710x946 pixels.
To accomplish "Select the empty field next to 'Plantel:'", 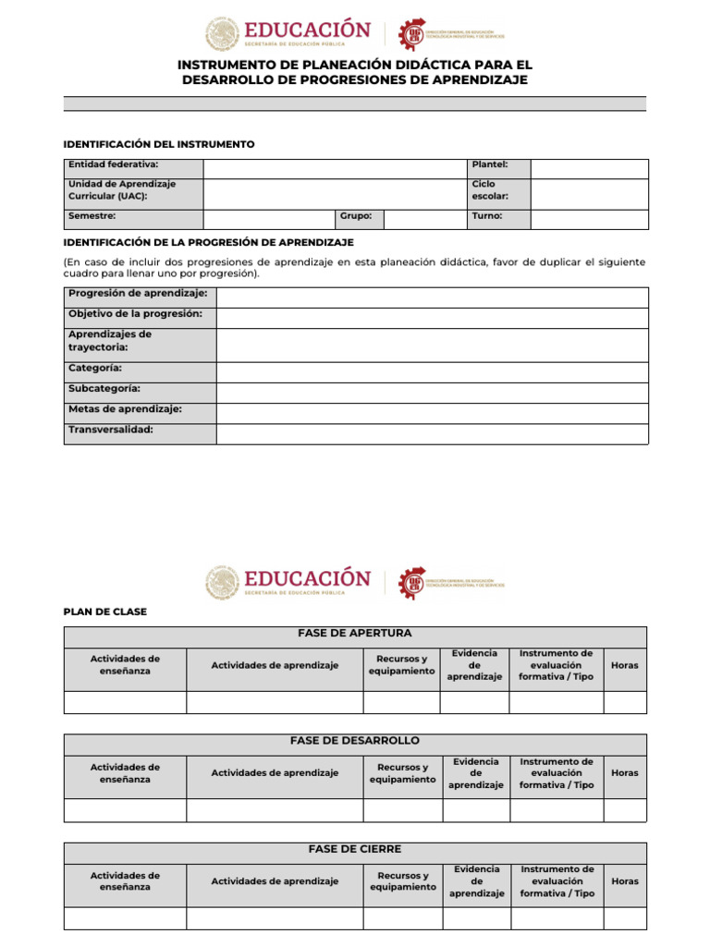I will pos(589,168).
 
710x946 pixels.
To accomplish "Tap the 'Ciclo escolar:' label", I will pos(490,190).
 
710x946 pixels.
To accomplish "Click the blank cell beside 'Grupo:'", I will pos(424,219).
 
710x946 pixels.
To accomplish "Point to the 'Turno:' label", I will pos(487,216).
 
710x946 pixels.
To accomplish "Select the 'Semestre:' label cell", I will pos(92,216).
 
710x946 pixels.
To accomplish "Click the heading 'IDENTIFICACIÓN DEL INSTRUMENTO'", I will pos(158,144).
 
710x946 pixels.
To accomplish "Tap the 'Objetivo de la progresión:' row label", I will pos(135,314).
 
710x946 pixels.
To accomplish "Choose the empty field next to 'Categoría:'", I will pos(432,372).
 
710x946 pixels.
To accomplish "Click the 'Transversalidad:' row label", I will pos(111,431).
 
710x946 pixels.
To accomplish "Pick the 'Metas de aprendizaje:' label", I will pos(125,409).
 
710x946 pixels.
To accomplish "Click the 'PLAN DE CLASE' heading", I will pos(104,612).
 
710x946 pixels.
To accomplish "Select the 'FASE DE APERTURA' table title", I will pos(355,634).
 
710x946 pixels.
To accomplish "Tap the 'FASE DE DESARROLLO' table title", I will pos(355,741).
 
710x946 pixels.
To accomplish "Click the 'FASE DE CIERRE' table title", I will pos(355,849).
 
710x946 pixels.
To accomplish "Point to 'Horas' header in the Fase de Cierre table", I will pos(625,881).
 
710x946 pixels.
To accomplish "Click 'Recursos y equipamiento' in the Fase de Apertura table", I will pos(401,665).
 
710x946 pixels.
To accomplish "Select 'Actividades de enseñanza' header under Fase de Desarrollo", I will pos(125,773).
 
